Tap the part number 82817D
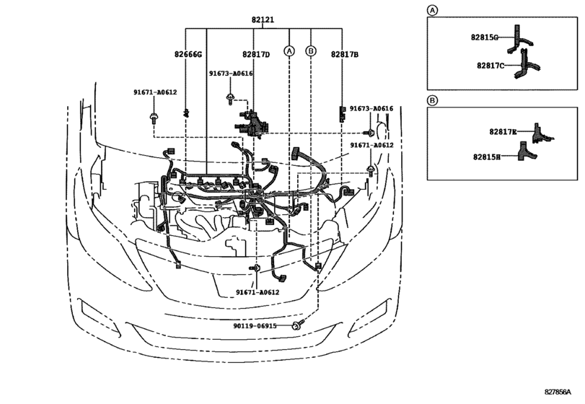(255, 54)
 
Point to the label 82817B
(346, 54)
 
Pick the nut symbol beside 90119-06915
(296, 327)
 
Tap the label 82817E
(503, 131)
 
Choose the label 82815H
(493, 155)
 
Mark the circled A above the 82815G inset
(432, 10)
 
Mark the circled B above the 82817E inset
(432, 100)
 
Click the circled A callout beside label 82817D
(289, 50)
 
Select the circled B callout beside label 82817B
(311, 50)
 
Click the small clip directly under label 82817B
(342, 112)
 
